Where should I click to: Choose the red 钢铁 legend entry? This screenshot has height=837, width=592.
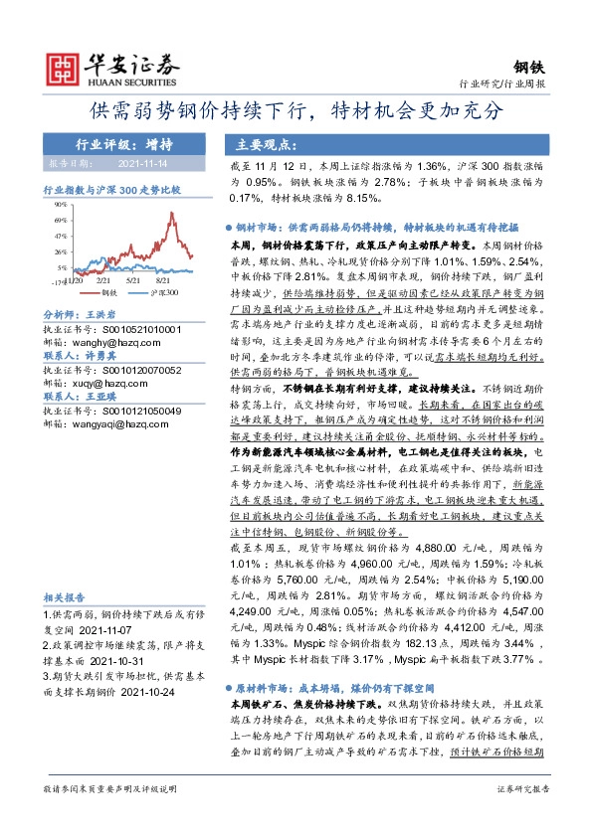coord(110,293)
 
